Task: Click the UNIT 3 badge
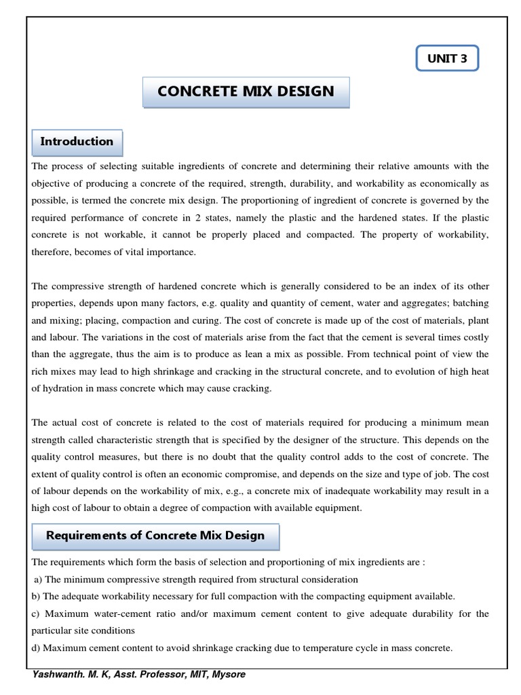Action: [x=447, y=59]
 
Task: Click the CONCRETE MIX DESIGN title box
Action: [x=246, y=91]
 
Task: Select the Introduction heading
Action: [x=77, y=142]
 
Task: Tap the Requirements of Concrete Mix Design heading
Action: [x=155, y=536]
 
